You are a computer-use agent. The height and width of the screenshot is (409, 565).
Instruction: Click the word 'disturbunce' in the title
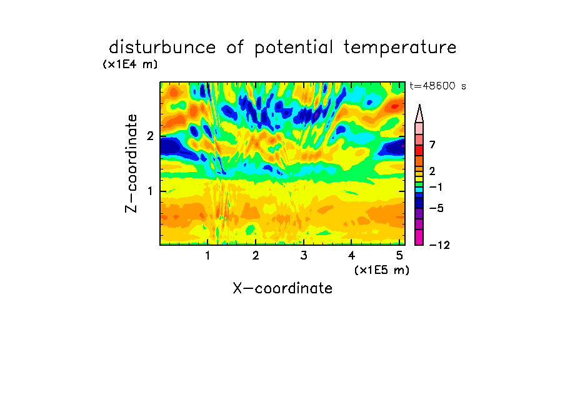point(162,48)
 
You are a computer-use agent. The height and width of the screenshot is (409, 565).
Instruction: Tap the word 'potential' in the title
point(294,48)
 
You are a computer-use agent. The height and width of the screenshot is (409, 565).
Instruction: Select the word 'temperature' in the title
point(400,48)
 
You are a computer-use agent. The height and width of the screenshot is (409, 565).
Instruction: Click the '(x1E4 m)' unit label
point(130,64)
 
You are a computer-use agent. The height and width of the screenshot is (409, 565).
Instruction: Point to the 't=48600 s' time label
point(437,86)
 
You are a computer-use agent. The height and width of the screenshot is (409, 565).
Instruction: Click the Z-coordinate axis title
point(131,163)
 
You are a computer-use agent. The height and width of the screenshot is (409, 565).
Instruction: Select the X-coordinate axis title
point(282,288)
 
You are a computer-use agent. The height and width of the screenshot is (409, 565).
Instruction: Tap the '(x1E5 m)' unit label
point(382,270)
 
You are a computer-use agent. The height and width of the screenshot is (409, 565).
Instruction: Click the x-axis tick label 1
point(208,256)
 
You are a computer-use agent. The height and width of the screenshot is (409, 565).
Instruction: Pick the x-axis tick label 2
point(256,256)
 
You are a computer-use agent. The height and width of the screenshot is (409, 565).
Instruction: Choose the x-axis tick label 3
point(304,256)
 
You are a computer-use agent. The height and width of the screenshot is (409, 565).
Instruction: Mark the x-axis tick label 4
point(352,256)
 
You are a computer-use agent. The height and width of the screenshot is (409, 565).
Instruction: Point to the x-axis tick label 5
point(399,256)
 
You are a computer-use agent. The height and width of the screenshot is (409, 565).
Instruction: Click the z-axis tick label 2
point(150,136)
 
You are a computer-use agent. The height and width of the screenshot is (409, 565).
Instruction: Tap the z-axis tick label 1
point(151,191)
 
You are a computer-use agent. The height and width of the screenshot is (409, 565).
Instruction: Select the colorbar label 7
point(432,145)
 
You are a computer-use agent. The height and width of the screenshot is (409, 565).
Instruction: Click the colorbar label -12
point(439,245)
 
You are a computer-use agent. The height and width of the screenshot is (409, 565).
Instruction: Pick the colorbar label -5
point(436,208)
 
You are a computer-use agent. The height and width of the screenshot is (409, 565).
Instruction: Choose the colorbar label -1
point(436,187)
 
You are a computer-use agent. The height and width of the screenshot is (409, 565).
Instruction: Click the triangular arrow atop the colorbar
point(419,114)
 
